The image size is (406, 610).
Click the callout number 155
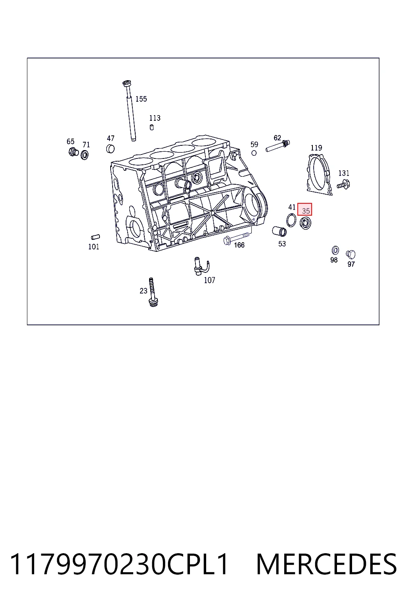[141, 99]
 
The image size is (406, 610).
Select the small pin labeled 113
[152, 127]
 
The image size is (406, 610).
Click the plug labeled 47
[110, 149]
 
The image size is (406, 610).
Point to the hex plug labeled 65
[73, 152]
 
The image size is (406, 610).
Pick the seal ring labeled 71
[84, 155]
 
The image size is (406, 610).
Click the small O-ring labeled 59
[254, 153]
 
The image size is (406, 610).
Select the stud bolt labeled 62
[278, 146]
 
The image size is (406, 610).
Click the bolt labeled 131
[343, 184]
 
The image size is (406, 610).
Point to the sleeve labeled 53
[279, 232]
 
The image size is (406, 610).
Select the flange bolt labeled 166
[236, 238]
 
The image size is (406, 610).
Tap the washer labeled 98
[335, 250]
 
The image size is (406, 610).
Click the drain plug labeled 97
[351, 254]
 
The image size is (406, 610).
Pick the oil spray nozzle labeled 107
[201, 266]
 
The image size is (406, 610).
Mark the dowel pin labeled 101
[96, 237]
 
